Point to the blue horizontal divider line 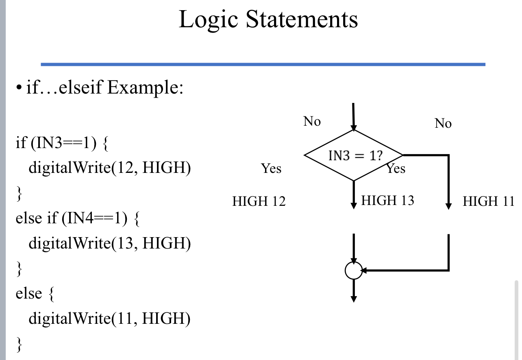pyautogui.click(x=263, y=64)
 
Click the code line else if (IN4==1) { pyautogui.click(x=78, y=218)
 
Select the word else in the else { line pyautogui.click(x=28, y=293)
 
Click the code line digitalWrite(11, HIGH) pyautogui.click(x=109, y=318)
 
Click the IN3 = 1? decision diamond pyautogui.click(x=353, y=155)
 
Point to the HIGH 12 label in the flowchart pyautogui.click(x=259, y=201)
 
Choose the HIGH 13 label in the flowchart pyautogui.click(x=387, y=200)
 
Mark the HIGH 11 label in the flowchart pyautogui.click(x=488, y=201)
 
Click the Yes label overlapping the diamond pyautogui.click(x=396, y=168)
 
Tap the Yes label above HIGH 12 pyautogui.click(x=271, y=168)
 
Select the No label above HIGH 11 pyautogui.click(x=443, y=123)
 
